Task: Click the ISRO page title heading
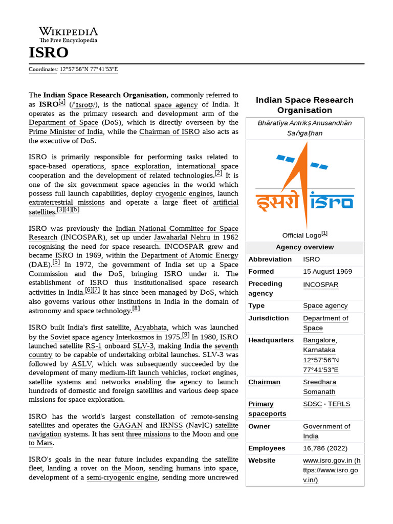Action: pos(48,52)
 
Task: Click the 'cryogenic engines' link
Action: pos(184,193)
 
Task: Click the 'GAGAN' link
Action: pos(128,425)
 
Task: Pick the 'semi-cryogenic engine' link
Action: pos(122,478)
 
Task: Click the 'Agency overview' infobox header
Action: pos(305,247)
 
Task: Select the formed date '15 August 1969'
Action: pos(327,271)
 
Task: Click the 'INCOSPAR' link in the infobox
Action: pos(320,284)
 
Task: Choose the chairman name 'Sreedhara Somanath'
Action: pos(319,387)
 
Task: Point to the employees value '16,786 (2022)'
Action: pos(326,448)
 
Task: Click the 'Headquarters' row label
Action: pos(271,340)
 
